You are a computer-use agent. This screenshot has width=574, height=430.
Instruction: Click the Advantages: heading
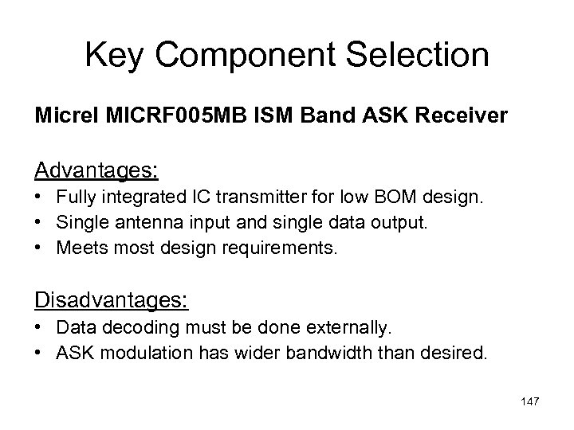96,170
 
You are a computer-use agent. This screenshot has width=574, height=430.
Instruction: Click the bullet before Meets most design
41,249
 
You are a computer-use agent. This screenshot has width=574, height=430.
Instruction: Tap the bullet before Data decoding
41,327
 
